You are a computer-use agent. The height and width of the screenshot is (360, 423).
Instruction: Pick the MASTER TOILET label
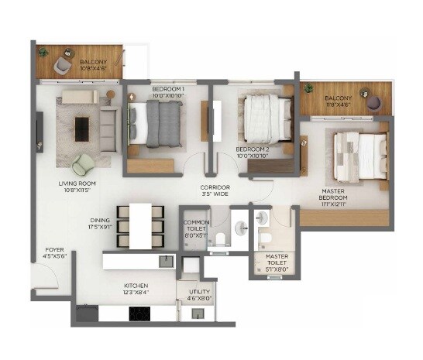tap(277, 259)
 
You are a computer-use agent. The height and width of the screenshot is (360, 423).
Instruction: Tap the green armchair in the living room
tap(83, 164)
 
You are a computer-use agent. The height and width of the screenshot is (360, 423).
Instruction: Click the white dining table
tap(140, 225)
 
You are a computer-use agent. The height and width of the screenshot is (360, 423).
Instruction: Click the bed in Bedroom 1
tap(158, 123)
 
